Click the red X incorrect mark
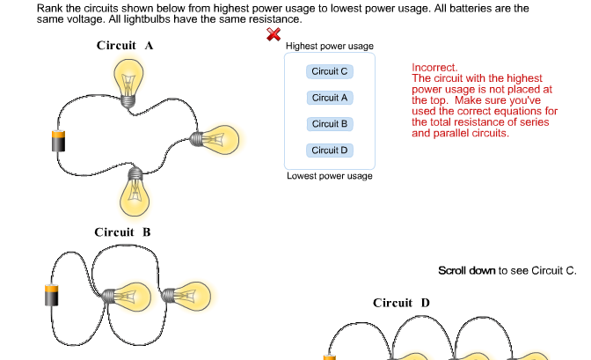[274, 34]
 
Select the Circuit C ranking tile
[330, 71]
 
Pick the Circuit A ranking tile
[330, 98]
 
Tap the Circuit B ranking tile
[330, 124]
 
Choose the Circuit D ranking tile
[330, 151]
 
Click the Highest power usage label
[330, 46]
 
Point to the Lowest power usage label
[330, 176]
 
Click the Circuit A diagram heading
[125, 46]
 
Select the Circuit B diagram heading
[122, 232]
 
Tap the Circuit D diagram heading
[401, 303]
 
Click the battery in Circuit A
[58, 141]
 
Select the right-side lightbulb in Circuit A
[215, 138]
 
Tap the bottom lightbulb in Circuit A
[135, 193]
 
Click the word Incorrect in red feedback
[434, 67]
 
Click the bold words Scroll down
[466, 270]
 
